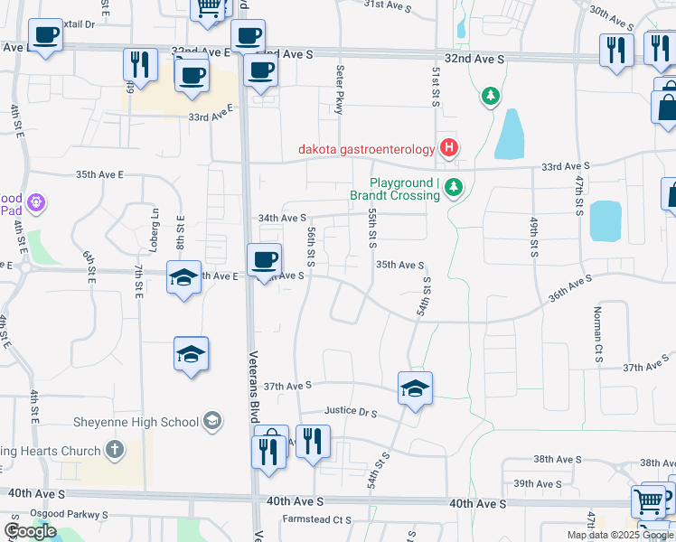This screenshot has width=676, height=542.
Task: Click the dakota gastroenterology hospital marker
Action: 448,147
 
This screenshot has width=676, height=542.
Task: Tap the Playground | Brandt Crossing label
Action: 394,188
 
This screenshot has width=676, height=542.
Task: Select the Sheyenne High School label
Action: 136,421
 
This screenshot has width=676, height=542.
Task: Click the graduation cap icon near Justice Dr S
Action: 415,389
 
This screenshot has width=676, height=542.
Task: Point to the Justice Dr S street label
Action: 350,412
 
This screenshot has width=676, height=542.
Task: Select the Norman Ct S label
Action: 597,334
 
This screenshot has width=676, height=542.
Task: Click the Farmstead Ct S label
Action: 316,519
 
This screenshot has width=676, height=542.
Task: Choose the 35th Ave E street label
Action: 99,174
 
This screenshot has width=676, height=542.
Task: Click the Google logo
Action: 30,531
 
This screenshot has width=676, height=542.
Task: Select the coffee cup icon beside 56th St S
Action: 264,260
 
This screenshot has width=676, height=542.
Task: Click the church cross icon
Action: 114,449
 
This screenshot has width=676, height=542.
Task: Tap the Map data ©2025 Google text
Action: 620,535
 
